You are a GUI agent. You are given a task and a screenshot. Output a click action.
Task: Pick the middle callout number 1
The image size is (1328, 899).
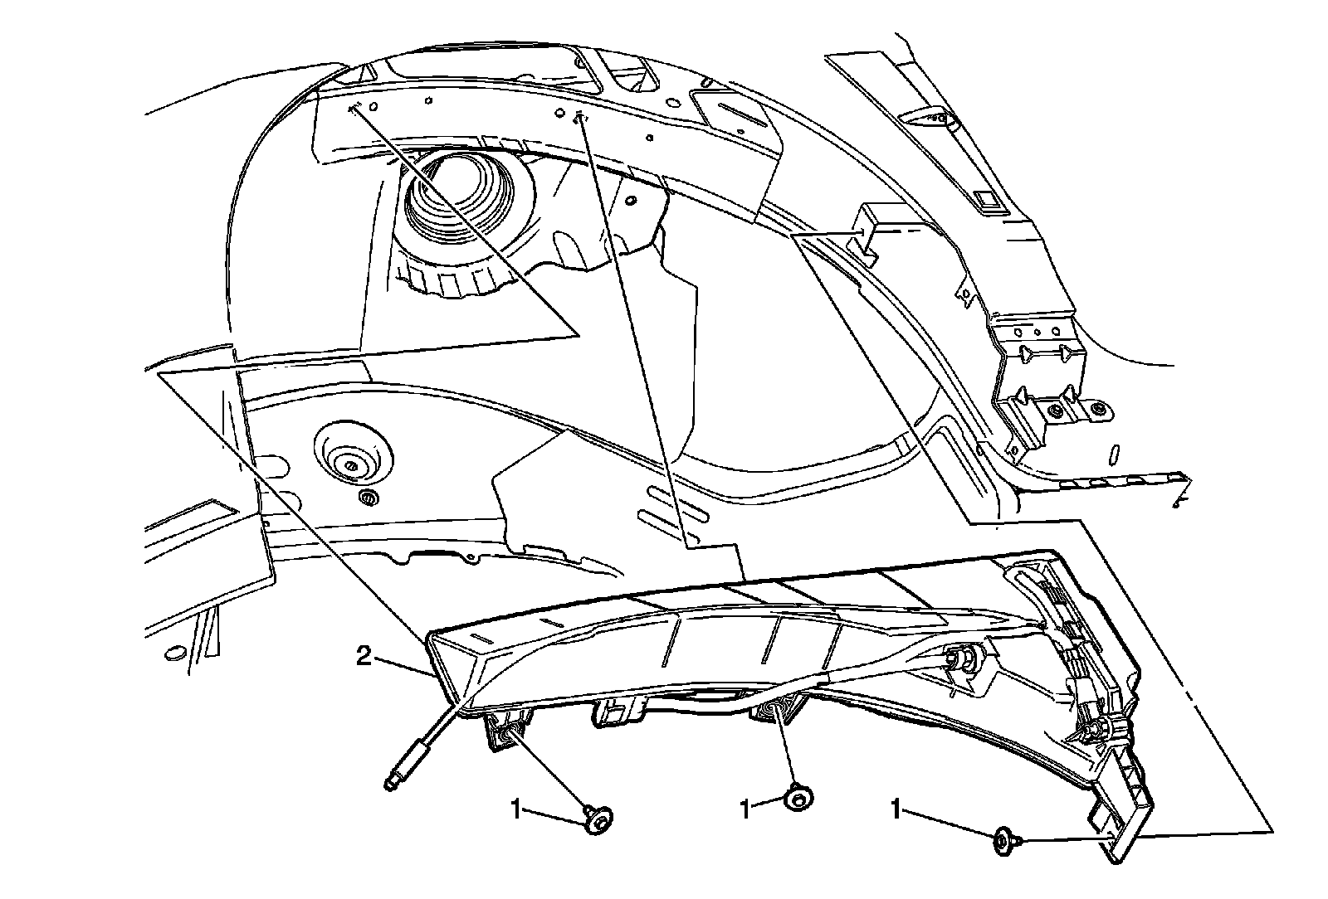(x=745, y=807)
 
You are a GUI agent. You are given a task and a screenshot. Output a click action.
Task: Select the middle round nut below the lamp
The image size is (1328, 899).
(x=799, y=799)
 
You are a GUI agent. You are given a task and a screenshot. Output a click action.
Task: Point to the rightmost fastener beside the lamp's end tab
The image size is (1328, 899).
(x=1004, y=842)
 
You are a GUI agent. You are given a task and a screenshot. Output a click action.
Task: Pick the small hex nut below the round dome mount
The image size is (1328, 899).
(x=368, y=498)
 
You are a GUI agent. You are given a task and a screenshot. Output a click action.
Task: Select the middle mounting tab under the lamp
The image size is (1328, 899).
(x=618, y=711)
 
